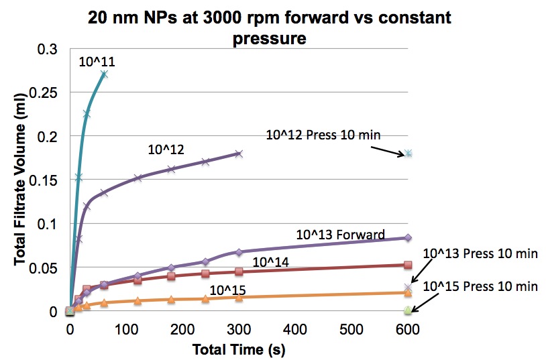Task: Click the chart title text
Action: (269, 27)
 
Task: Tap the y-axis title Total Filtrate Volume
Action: (21, 179)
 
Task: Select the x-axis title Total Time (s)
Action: (239, 349)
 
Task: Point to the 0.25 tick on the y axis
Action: (43, 93)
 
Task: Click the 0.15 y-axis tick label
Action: (43, 180)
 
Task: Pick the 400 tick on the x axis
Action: (294, 329)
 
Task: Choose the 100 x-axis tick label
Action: (126, 329)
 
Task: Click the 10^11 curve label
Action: (97, 62)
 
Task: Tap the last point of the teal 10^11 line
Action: (104, 74)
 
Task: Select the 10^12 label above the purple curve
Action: (166, 149)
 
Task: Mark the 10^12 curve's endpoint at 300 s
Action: (239, 154)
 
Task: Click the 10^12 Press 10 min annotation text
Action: (323, 135)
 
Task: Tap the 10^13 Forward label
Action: (341, 235)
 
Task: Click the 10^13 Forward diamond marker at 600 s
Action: (408, 238)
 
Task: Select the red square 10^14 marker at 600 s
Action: (408, 265)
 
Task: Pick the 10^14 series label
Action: (270, 262)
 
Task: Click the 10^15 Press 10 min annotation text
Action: (480, 286)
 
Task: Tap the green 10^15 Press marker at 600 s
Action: (408, 310)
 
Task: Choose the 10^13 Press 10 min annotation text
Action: (480, 254)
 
